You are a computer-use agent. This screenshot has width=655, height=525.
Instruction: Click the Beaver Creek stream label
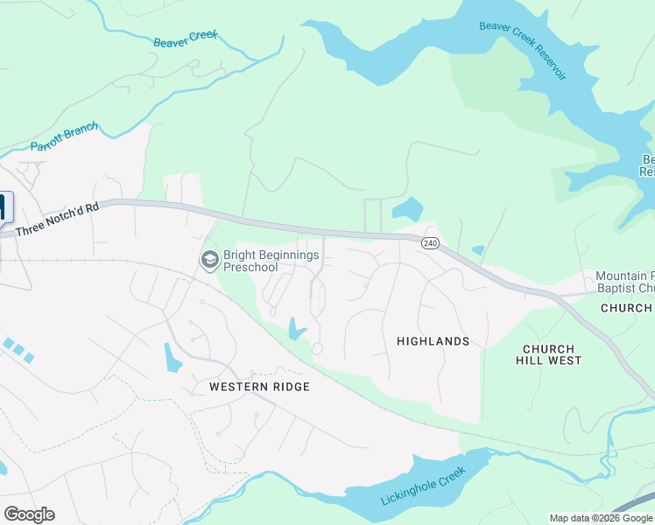pos(185,39)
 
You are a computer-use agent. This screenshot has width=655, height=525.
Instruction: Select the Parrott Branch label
pos(64,136)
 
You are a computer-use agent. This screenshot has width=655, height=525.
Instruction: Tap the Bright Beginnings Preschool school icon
pos(209,260)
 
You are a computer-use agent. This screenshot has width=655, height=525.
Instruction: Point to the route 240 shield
pos(429,242)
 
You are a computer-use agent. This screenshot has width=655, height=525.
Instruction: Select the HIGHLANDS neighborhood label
pos(433,341)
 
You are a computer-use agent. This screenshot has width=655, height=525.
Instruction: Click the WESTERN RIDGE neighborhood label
pos(259,387)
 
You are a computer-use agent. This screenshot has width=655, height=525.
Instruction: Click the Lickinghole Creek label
pos(421,486)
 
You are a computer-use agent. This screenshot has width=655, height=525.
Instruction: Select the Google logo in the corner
pos(29,514)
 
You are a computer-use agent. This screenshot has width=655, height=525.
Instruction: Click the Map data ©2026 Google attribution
pos(601,518)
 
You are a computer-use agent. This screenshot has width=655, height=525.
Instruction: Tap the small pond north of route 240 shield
pos(408,209)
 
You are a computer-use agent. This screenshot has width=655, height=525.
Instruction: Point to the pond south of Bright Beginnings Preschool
pos(297,329)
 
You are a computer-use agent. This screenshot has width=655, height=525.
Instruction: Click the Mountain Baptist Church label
pos(623,282)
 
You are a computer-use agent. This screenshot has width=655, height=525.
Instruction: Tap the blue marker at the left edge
pos(4,206)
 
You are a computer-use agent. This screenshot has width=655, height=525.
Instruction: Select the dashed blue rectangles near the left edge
pos(17,349)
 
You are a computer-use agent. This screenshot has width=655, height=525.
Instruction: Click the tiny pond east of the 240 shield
pos(477,251)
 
